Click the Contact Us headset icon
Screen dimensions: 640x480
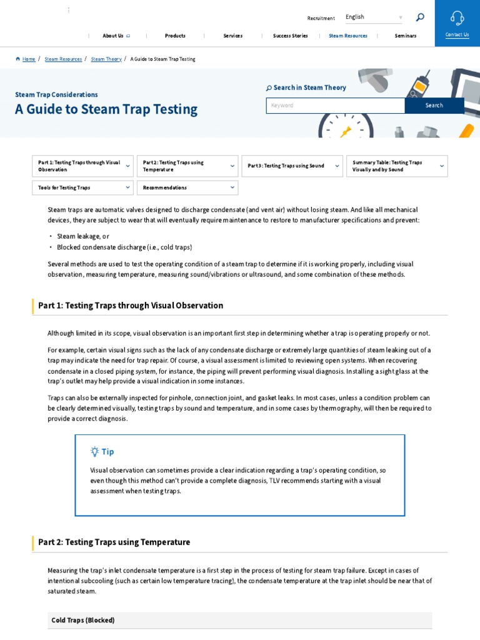click(x=457, y=18)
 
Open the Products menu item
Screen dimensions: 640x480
click(x=175, y=36)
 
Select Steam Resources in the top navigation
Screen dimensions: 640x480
click(x=348, y=36)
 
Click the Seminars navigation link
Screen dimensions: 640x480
click(x=406, y=36)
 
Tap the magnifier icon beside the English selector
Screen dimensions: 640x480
click(x=420, y=17)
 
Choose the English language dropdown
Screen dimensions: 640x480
click(x=374, y=17)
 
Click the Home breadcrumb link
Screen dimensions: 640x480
click(x=29, y=59)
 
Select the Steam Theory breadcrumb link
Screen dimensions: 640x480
click(x=106, y=59)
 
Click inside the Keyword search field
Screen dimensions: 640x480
click(x=335, y=106)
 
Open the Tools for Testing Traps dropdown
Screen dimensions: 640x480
click(x=82, y=187)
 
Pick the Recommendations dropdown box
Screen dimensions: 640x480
click(x=187, y=187)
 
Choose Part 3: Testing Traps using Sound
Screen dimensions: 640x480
click(x=292, y=166)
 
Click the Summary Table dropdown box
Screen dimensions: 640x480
click(x=397, y=166)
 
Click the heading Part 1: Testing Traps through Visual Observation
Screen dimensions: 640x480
click(x=131, y=306)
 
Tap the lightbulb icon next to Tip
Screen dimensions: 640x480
click(x=94, y=451)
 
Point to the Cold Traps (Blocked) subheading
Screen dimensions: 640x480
click(x=83, y=621)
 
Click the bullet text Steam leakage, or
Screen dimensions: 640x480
click(x=83, y=237)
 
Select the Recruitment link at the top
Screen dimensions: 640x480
click(x=321, y=19)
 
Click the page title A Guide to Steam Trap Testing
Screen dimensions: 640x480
click(x=106, y=109)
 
